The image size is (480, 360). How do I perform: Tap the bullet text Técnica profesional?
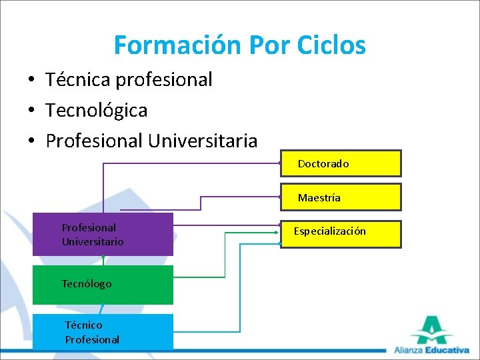129,79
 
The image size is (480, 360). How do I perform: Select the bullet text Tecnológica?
96,110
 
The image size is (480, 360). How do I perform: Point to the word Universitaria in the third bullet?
203,141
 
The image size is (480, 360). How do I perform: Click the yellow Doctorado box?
341,163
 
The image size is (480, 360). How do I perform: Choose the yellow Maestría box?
341,197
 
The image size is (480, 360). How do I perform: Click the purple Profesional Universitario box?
103,235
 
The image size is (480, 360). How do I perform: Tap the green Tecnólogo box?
103,285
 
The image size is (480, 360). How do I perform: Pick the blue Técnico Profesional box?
103,332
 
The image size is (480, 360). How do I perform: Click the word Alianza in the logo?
409,350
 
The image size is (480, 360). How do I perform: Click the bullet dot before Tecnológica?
31,111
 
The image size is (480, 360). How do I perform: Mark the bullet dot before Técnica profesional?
31,80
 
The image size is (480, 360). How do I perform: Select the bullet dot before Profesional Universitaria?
31,141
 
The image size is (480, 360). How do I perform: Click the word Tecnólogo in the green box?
86,284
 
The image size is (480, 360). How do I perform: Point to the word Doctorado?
323,163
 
